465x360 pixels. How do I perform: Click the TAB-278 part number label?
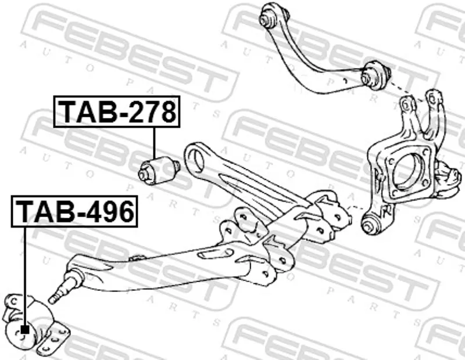click(117, 111)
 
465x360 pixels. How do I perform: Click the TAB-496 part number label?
click(74, 211)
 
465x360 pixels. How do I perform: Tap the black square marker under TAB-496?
click(25, 329)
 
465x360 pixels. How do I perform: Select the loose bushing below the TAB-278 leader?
click(159, 170)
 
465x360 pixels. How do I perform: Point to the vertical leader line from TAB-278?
click(154, 142)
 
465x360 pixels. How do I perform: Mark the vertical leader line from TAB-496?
click(24, 276)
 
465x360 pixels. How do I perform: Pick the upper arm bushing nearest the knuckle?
click(375, 75)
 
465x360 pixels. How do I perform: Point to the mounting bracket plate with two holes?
click(53, 339)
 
